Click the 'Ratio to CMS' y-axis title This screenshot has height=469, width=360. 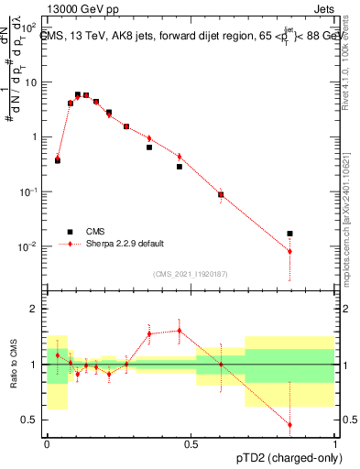[13, 365]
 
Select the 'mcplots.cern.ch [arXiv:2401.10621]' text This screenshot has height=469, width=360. [346, 212]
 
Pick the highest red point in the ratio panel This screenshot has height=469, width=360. [179, 331]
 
